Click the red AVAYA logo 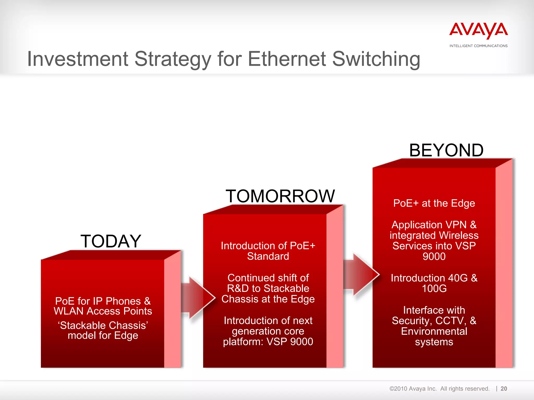tap(478, 31)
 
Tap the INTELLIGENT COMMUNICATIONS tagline tap(478, 46)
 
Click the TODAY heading tap(111, 241)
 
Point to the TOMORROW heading tap(280, 196)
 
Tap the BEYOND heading tap(446, 150)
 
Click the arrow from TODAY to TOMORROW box tap(198, 298)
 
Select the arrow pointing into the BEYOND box tap(361, 274)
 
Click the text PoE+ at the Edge tap(434, 203)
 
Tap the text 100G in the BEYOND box tap(434, 289)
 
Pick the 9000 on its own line tap(434, 257)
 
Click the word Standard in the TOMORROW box tap(268, 256)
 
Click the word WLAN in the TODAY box tap(69, 311)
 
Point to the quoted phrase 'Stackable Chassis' tap(103, 325)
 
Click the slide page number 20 tap(504, 389)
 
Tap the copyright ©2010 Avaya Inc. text tap(413, 389)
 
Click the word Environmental tap(434, 331)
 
